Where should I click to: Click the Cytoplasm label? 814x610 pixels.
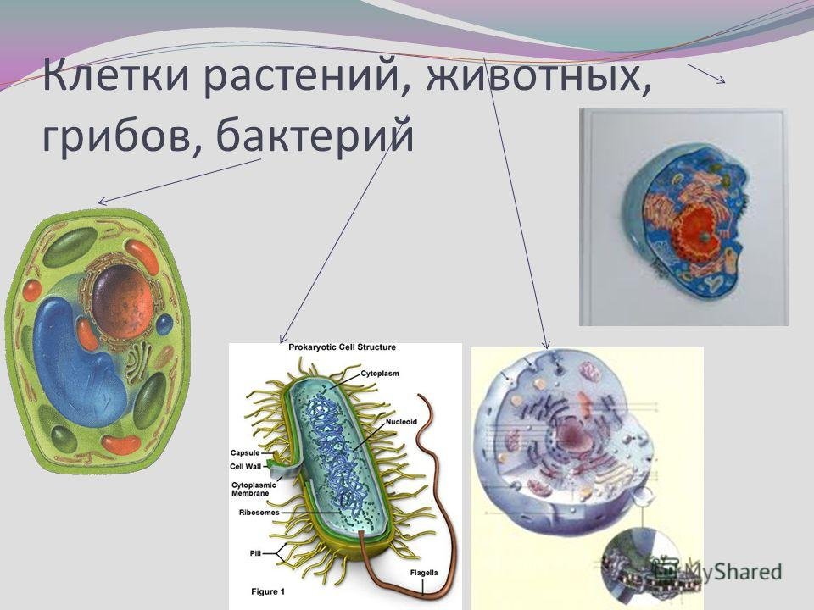pyautogui.click(x=380, y=374)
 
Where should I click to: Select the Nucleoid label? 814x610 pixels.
pyautogui.click(x=401, y=422)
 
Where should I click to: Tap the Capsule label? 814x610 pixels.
pyautogui.click(x=245, y=452)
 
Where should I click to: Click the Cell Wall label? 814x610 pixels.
pyautogui.click(x=246, y=466)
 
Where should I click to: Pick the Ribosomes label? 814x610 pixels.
pyautogui.click(x=259, y=513)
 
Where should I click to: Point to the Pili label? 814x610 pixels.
pyautogui.click(x=255, y=553)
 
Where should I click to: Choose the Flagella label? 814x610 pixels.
pyautogui.click(x=424, y=573)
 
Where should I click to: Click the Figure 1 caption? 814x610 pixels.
pyautogui.click(x=268, y=591)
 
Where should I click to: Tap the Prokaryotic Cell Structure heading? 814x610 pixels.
pyautogui.click(x=342, y=347)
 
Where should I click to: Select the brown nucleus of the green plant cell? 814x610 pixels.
pyautogui.click(x=123, y=302)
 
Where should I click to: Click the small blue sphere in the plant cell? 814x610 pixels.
pyautogui.click(x=164, y=324)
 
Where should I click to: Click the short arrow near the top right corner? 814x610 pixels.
pyautogui.click(x=706, y=73)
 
